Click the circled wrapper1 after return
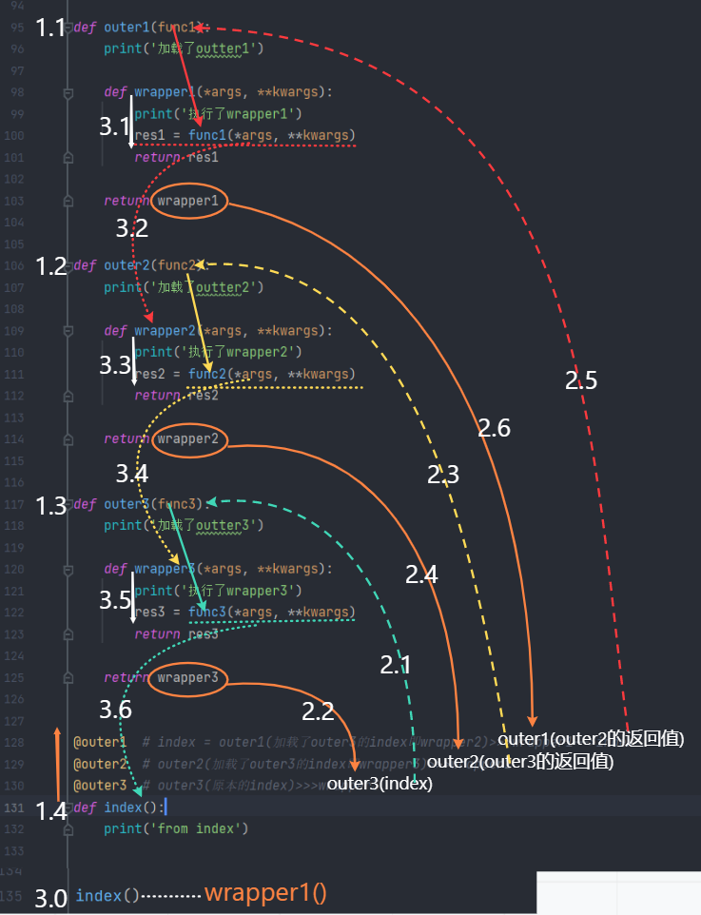tap(188, 202)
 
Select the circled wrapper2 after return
tap(188, 439)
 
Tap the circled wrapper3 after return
tap(188, 678)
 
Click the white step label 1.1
tap(51, 28)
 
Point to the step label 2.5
tap(580, 381)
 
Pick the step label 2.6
tap(494, 429)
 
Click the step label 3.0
tap(50, 897)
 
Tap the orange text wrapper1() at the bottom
tap(265, 894)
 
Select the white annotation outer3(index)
tap(380, 784)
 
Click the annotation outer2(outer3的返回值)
tap(520, 762)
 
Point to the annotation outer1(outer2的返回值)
tap(591, 738)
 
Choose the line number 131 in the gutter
tap(16, 808)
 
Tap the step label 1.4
tap(51, 811)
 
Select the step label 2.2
tap(319, 711)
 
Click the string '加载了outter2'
tap(203, 287)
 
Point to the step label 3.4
tap(132, 473)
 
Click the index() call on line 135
tap(107, 896)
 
